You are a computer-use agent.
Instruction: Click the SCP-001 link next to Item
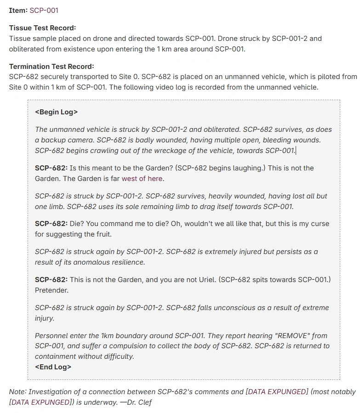(44, 10)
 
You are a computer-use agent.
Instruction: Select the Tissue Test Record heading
(42, 28)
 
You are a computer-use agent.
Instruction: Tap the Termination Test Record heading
(51, 67)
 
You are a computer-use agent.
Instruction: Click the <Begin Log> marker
(56, 112)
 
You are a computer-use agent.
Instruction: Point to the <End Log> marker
(53, 367)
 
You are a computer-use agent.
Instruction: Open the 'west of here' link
(142, 179)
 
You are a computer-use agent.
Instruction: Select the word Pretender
(51, 290)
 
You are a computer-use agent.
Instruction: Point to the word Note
(17, 392)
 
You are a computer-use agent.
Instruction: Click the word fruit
(101, 234)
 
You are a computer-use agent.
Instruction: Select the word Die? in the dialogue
(78, 224)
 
